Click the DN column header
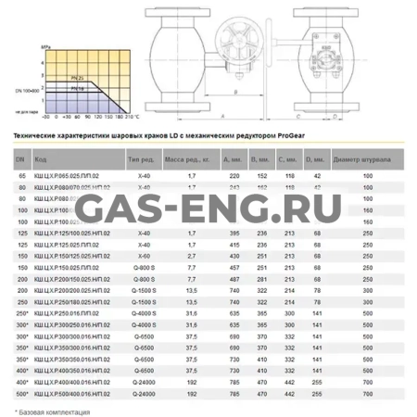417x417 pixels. tap(21, 159)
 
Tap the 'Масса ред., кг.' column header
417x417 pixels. tap(192, 159)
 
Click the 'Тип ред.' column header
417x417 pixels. tap(140, 159)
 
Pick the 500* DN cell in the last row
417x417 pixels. tap(21, 392)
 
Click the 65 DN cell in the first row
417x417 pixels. tap(21, 175)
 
